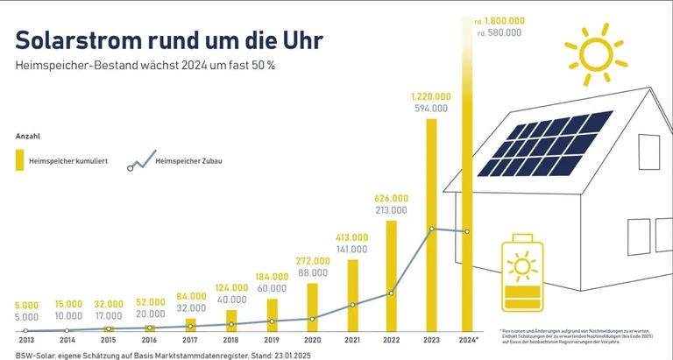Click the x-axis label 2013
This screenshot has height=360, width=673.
point(26,340)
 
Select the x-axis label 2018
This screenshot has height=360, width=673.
point(230,340)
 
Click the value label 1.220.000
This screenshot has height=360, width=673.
point(431,96)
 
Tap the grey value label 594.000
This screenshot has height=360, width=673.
point(431,109)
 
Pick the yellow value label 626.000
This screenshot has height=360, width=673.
point(391,198)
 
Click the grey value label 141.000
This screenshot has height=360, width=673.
point(351,249)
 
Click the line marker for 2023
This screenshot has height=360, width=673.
point(432,229)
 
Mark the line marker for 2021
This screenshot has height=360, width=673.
point(352,305)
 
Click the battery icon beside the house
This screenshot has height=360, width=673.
point(521,275)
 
